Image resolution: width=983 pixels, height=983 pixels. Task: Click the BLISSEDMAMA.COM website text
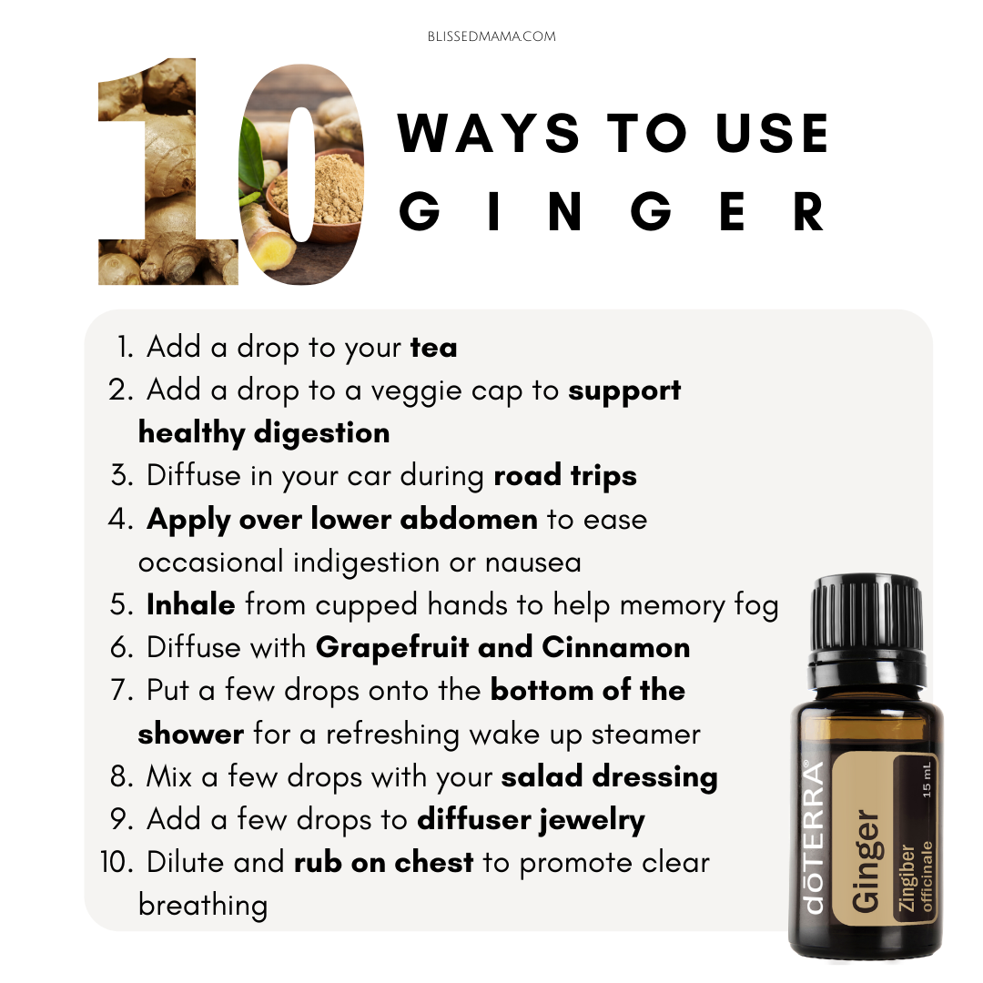pos(491,36)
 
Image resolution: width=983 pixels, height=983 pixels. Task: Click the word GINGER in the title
pos(612,212)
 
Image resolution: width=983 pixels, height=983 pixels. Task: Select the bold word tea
pos(434,348)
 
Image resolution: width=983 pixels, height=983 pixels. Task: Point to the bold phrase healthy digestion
pos(264,433)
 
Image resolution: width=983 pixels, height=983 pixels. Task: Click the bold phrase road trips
pos(565,476)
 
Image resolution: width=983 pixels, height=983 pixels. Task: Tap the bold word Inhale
pos(190,604)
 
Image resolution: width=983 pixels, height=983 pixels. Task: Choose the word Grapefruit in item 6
pos(392,648)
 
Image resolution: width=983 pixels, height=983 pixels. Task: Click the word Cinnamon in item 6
pos(615,648)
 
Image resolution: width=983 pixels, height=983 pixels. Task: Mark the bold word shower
pos(190,735)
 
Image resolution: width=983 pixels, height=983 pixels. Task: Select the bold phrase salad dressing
pos(609,777)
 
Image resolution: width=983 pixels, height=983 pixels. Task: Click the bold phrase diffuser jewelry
pos(531,820)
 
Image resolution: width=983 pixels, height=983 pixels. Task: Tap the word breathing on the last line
pos(203,906)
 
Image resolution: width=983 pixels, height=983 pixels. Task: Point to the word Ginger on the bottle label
pos(866,862)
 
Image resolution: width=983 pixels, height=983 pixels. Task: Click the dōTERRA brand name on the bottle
pos(813,836)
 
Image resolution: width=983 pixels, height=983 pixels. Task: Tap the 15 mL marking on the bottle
pos(927,780)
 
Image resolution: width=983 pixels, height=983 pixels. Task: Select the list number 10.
pos(117,863)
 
